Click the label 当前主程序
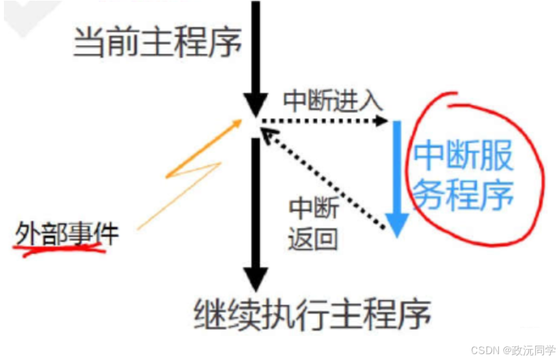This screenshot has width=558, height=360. point(158,44)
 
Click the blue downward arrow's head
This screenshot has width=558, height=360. point(398,224)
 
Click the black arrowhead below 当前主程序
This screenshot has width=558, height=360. point(255,104)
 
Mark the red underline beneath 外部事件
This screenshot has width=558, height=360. point(62,250)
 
